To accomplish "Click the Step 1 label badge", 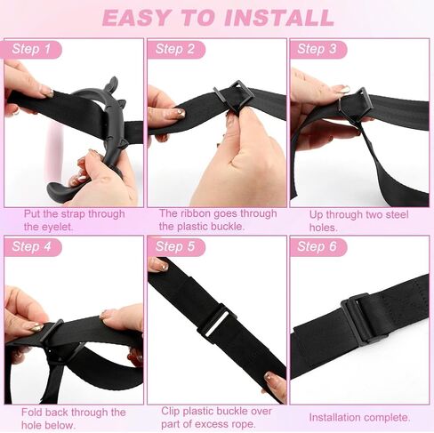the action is (33, 49).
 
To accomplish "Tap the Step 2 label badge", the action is (176, 49).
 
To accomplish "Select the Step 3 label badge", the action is (318, 49).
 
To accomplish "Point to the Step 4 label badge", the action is (33, 247).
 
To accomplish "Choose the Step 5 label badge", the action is (176, 247).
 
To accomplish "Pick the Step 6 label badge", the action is (318, 247).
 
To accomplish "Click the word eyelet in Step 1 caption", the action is (57, 228).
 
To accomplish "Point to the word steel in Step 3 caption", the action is (395, 214).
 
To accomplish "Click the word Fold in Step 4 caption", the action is (32, 413).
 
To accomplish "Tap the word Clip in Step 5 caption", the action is (171, 411).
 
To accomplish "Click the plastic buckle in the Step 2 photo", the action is (234, 96).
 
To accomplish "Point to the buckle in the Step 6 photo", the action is (365, 320).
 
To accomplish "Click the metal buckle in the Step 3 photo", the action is (354, 105).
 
